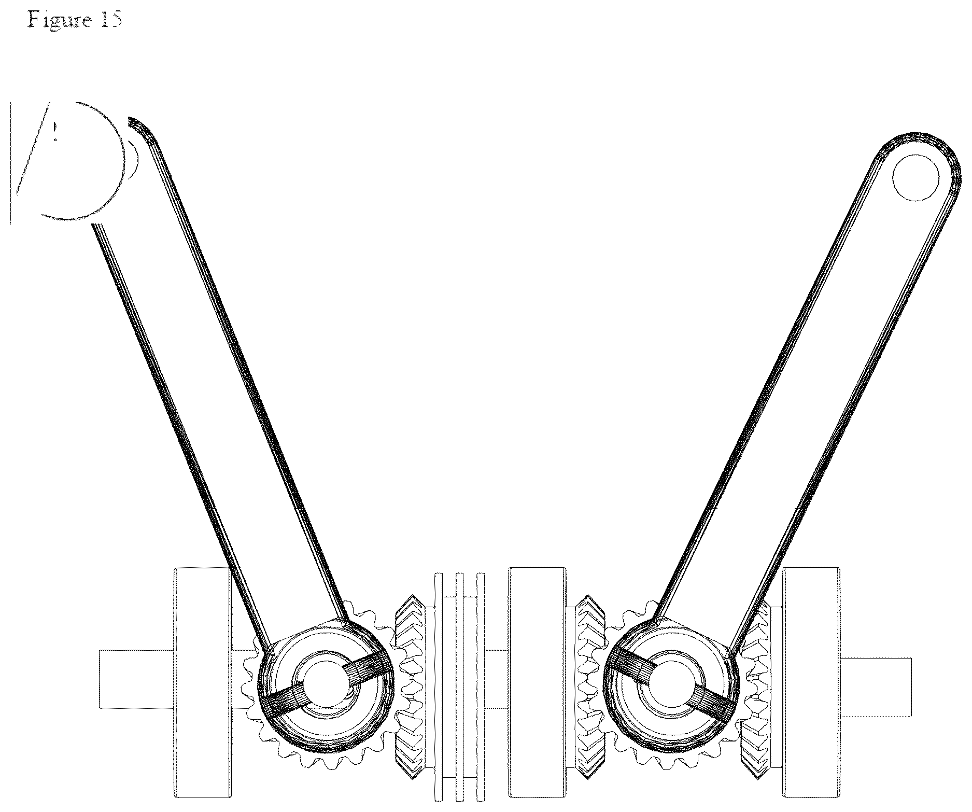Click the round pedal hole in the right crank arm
pyautogui.click(x=916, y=178)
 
